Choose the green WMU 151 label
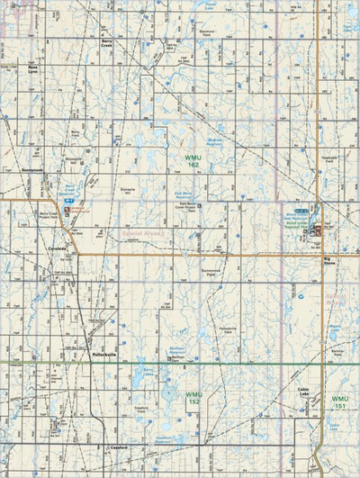coord(338,401)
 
